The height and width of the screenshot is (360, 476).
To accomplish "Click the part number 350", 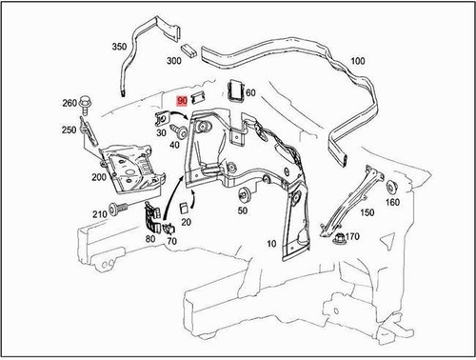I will point(119,47).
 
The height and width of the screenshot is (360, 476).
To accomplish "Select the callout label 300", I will point(174,60).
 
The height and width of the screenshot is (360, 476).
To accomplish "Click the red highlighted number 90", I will point(184,100).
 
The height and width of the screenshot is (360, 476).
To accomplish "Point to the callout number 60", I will point(250,92).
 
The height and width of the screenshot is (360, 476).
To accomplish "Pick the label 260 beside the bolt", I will point(69,103).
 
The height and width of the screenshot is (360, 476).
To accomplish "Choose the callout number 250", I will point(69,130).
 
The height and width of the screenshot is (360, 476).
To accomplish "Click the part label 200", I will point(98,178).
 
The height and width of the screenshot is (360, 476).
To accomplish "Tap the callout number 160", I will point(391,202).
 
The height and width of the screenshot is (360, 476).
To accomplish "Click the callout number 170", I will point(353,236).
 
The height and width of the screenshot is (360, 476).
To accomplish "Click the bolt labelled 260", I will point(86,104).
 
